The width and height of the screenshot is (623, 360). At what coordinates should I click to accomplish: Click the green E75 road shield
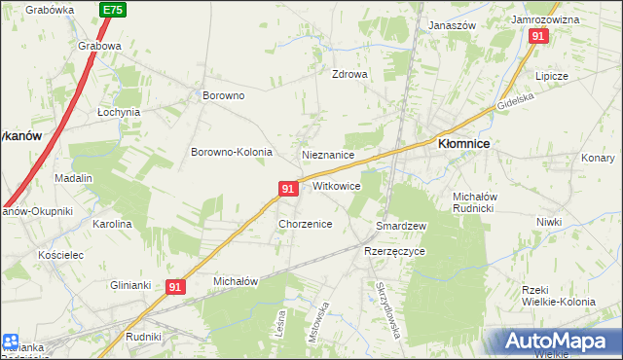[x=112, y=10]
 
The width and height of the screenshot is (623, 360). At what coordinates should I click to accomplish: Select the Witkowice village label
[x=337, y=185]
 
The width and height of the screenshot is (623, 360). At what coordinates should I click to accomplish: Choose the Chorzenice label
[x=306, y=224]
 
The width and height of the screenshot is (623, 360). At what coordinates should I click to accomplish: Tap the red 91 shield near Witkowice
[x=288, y=188]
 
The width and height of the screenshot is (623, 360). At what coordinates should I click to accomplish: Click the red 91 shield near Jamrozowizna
[x=538, y=36]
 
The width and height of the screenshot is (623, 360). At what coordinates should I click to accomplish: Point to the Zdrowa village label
[x=349, y=74]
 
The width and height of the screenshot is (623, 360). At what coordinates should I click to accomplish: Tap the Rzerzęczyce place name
[x=394, y=251]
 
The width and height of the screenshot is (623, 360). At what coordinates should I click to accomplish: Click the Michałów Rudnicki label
[x=476, y=201]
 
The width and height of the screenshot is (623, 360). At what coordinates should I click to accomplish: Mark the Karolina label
[x=112, y=224]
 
